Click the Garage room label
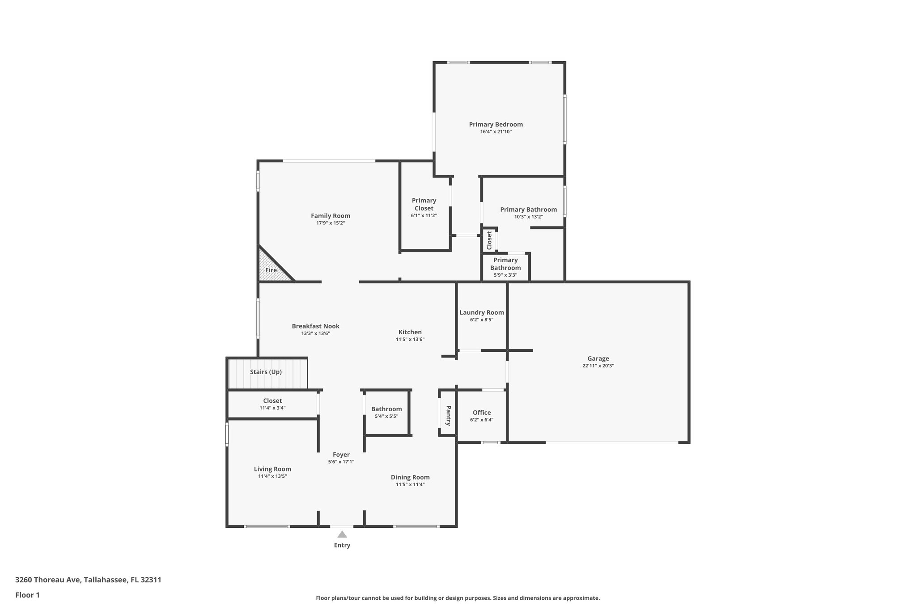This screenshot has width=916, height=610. click(598, 358)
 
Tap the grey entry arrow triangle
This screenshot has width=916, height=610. click(342, 534)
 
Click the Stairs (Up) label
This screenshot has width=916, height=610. click(266, 372)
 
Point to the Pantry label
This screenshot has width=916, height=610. click(448, 416)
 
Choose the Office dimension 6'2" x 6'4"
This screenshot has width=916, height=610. click(482, 420)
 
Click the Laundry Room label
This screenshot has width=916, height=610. click(482, 312)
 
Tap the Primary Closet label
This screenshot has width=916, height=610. click(424, 204)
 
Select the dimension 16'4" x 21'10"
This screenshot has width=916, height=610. click(496, 132)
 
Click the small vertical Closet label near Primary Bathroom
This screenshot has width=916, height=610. click(489, 240)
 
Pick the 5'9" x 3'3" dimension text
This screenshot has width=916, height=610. click(505, 275)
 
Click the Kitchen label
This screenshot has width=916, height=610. click(410, 332)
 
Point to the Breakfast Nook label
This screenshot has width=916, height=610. click(315, 326)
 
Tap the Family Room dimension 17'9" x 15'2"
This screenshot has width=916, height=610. click(331, 223)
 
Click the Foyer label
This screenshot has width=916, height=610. click(341, 454)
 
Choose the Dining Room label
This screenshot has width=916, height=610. click(410, 477)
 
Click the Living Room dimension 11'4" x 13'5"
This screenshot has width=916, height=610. click(272, 476)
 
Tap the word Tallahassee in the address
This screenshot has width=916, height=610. click(105, 580)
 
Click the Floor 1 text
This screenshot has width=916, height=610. click(27, 595)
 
